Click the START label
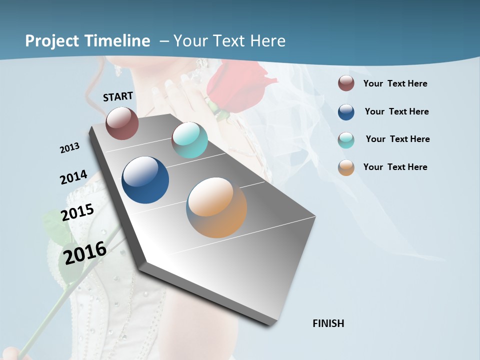coord(118,96)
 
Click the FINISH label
coord(328,323)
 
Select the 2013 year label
coord(69,148)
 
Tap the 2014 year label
coord(73,177)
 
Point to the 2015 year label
coord(77,212)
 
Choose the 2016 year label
coord(85,253)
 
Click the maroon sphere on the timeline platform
coord(122,123)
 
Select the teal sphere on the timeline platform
coord(189,140)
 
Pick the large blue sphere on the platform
coord(145,180)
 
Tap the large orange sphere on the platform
coord(216,207)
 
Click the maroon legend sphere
coord(346,83)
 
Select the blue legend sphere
coord(346,112)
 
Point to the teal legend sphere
coord(346,140)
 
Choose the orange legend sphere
coord(346,167)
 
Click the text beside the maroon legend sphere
coord(395,83)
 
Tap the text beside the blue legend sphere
coord(396,111)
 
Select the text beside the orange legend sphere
coord(395,167)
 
